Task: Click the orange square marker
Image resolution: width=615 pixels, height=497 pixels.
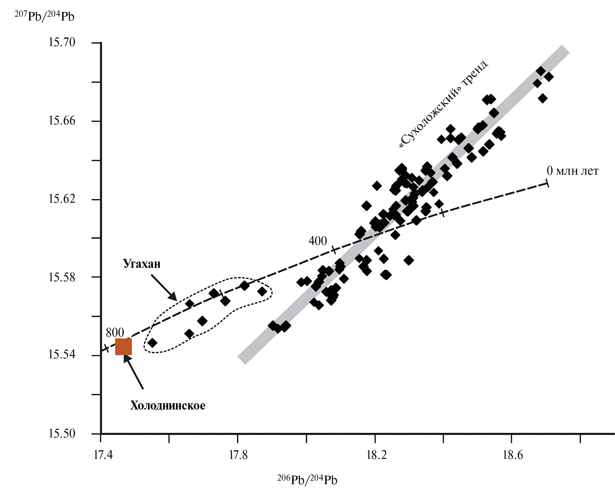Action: pos(123,347)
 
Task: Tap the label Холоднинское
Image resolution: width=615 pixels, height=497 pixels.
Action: pos(168,406)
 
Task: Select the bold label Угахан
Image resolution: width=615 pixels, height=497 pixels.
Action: pos(142,264)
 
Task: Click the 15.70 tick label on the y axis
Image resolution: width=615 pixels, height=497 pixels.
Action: pos(62,43)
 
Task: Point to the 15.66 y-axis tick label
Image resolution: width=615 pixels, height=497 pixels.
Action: pos(62,121)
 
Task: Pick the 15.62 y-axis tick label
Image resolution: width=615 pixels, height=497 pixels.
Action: pos(62,199)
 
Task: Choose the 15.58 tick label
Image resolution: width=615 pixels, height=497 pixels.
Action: pos(62,277)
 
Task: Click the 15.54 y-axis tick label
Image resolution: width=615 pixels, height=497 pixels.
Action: pos(62,355)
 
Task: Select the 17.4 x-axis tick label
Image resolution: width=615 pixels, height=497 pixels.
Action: pos(103,455)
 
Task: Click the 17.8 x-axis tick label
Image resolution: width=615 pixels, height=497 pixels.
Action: pos(238,455)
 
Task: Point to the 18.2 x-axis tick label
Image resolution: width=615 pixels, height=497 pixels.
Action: pos(376,455)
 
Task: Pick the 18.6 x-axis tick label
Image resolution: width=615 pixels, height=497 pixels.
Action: pos(513,455)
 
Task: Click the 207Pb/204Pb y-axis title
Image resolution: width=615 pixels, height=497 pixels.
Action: pos(45,16)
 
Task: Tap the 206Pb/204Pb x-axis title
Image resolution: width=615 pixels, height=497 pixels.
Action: pos(307,480)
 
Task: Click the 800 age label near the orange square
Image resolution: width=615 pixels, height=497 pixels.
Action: pos(115,333)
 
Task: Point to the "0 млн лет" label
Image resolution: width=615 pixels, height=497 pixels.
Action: pos(572,171)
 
